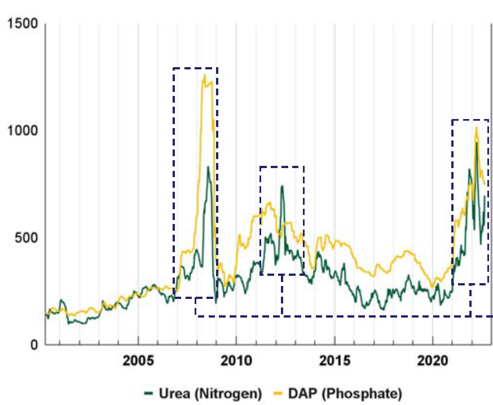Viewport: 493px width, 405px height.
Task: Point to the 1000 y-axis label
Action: pyautogui.click(x=21, y=130)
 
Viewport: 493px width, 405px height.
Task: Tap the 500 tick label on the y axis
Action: pyautogui.click(x=25, y=237)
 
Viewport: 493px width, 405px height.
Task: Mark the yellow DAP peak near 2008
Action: pyautogui.click(x=204, y=75)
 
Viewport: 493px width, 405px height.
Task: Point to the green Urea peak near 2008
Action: pyautogui.click(x=208, y=167)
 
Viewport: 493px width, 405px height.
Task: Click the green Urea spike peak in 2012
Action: pyautogui.click(x=281, y=186)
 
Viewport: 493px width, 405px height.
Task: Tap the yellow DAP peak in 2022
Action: pyautogui.click(x=477, y=127)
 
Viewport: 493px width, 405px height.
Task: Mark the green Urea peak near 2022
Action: pyautogui.click(x=477, y=143)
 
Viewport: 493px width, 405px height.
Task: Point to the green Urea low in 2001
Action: pyautogui.click(x=69, y=324)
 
